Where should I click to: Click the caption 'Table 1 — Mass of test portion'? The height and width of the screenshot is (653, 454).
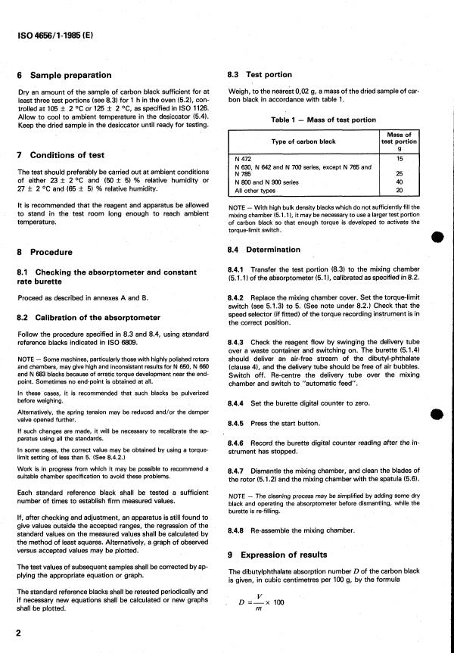pos(322,120)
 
